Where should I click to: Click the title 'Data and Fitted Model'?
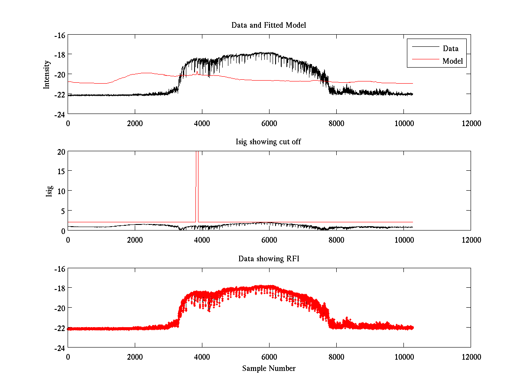[x=269, y=25]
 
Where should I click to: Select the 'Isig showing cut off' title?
[x=269, y=142]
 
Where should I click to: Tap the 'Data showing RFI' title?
[x=269, y=259]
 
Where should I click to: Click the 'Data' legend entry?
[x=450, y=48]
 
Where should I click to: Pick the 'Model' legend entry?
[x=453, y=61]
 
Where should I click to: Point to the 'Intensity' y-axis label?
[x=47, y=75]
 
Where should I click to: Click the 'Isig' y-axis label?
[x=49, y=191]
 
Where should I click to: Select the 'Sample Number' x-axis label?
[x=269, y=368]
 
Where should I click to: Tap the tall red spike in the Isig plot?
[x=197, y=186]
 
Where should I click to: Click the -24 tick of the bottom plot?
[x=59, y=348]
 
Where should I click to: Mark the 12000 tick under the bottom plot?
[x=471, y=357]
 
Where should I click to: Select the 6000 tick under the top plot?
[x=269, y=123]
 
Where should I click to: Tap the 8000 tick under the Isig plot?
[x=336, y=240]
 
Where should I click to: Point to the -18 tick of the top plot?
[x=59, y=55]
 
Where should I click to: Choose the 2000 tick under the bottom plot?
[x=135, y=357]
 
